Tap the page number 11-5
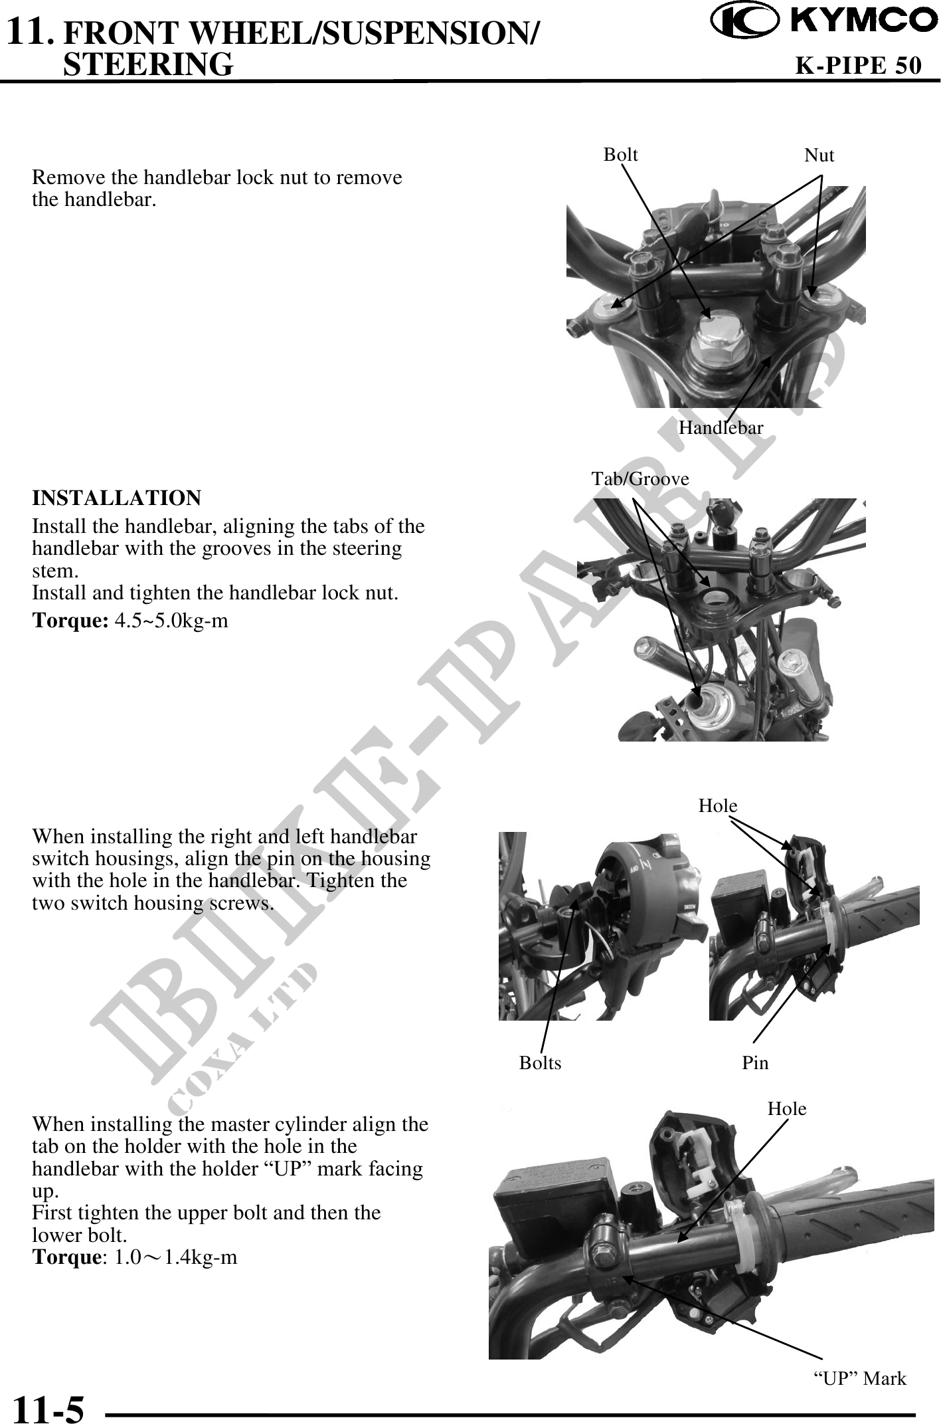[x=49, y=1405]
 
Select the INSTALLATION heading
[x=117, y=498]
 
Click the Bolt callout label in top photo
[x=620, y=154]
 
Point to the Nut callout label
[x=819, y=155]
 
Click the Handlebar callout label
[x=721, y=427]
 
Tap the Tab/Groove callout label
[x=640, y=478]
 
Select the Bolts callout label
[x=540, y=1063]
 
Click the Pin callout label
[x=755, y=1063]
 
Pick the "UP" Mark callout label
[x=860, y=1379]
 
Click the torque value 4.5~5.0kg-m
[x=171, y=621]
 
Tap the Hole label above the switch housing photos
[x=717, y=805]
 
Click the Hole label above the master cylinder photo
[x=787, y=1108]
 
